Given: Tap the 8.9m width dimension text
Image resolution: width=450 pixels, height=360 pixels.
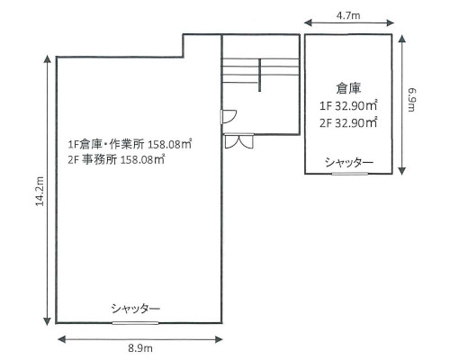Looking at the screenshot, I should (139, 348).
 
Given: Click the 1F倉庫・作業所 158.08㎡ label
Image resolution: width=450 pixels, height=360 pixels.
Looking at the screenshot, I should (130, 143).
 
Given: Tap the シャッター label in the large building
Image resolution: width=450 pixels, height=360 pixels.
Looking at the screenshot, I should (136, 309).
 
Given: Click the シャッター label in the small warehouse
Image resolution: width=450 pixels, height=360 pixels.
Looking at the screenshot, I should (349, 162).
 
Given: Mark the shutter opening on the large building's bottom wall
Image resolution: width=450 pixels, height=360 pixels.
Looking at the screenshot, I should (136, 321).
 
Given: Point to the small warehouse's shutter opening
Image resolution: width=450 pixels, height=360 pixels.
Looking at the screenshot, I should (349, 173).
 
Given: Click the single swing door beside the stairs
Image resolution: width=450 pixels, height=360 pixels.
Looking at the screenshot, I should (229, 116).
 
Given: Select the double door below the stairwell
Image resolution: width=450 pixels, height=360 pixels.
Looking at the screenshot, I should (239, 141).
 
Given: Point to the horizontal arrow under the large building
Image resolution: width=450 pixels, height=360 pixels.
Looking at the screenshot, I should (139, 337).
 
